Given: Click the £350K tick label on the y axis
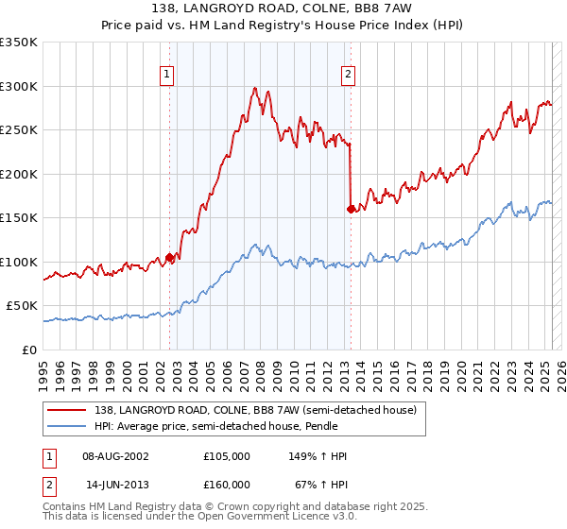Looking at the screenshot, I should point(19,43).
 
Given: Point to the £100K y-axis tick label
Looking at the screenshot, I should point(19,262).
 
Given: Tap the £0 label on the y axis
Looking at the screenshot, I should point(29,350).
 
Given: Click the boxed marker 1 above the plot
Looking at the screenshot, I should point(166,74).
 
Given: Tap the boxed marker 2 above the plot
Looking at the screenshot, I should point(348,74).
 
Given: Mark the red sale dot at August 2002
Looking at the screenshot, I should point(170,257).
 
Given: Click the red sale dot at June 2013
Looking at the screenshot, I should point(352,209).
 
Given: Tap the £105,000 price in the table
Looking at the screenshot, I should point(227,456).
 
